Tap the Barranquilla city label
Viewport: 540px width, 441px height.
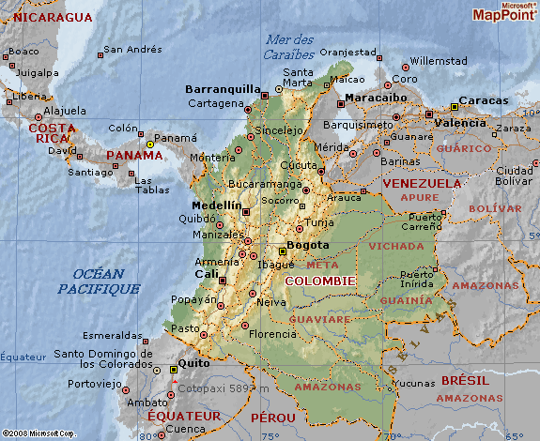tap(223, 89)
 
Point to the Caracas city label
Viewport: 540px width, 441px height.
tap(485, 100)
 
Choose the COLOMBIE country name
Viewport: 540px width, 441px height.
tap(319, 281)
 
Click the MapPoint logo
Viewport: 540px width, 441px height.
tap(505, 12)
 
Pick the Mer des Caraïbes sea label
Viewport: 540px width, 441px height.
tap(289, 46)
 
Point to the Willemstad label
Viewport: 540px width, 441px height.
tap(439, 61)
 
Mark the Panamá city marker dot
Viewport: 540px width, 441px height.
tap(149, 144)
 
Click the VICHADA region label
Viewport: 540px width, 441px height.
tap(396, 246)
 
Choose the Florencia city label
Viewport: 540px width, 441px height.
tap(273, 333)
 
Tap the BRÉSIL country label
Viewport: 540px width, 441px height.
tap(464, 381)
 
